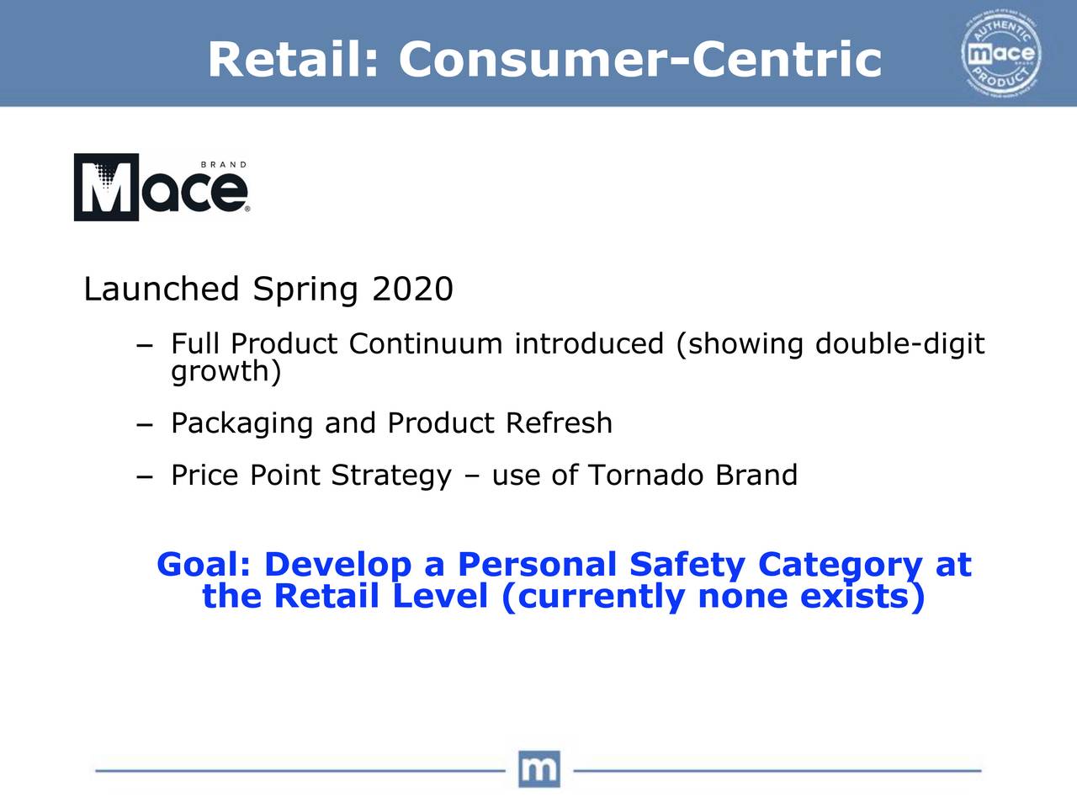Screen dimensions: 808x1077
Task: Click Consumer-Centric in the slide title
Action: pyautogui.click(x=639, y=60)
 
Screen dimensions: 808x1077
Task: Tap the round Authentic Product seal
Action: pyautogui.click(x=1000, y=56)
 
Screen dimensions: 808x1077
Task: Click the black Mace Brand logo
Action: pyautogui.click(x=161, y=188)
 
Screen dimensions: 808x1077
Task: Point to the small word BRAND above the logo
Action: pyautogui.click(x=223, y=165)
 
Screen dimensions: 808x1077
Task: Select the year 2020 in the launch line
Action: pyautogui.click(x=412, y=290)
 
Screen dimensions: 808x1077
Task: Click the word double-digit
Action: pyautogui.click(x=899, y=344)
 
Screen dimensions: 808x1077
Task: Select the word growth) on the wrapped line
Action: pyautogui.click(x=225, y=371)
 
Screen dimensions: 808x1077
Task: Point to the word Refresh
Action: pyautogui.click(x=559, y=423)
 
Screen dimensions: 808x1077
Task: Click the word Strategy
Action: pyautogui.click(x=391, y=476)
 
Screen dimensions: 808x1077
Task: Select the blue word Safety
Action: pyautogui.click(x=687, y=565)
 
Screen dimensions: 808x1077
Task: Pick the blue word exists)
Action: pyautogui.click(x=862, y=597)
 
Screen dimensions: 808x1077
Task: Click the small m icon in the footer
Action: pyautogui.click(x=538, y=768)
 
